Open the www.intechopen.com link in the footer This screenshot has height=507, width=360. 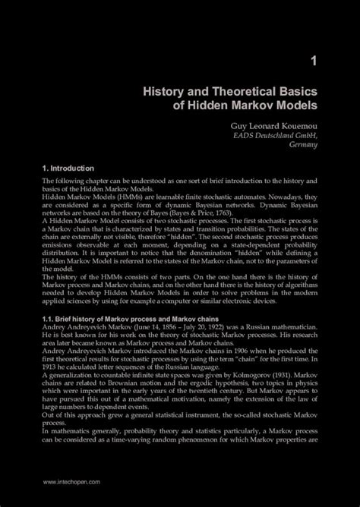(73, 481)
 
